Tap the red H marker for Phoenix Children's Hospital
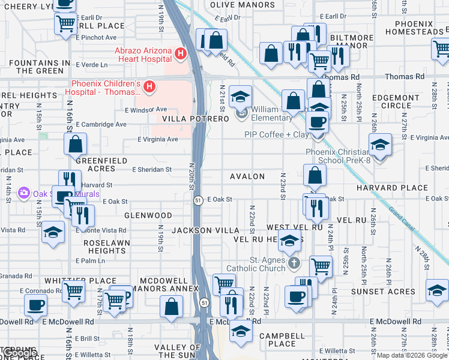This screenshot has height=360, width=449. point(149,88)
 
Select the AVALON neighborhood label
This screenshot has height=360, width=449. point(247,176)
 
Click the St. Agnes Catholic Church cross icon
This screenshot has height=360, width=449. point(294,263)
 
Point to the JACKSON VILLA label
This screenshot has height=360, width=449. point(202,230)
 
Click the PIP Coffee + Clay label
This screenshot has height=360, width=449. point(277,134)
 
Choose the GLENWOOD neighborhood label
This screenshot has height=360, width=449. point(148,215)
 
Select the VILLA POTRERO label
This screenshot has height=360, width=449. point(195,119)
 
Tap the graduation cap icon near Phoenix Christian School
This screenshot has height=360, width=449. point(379,146)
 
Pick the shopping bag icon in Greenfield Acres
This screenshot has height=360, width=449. point(76,145)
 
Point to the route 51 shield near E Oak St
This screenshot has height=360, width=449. point(197,200)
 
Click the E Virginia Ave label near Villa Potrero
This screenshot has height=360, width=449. point(158,139)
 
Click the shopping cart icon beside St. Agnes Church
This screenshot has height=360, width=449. point(321,265)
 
